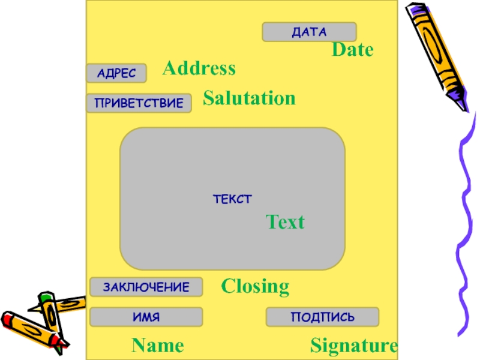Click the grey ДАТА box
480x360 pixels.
tap(309, 32)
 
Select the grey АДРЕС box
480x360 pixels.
tap(116, 73)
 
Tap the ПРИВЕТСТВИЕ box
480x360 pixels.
tap(139, 103)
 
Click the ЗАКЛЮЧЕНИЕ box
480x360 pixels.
tap(146, 287)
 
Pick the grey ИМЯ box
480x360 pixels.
tap(146, 317)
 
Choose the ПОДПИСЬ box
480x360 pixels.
tap(322, 317)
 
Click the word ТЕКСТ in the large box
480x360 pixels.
tap(232, 199)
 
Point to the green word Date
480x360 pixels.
tap(353, 50)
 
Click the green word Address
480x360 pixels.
tap(199, 68)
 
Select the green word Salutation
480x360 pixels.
tap(249, 98)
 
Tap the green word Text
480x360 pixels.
tap(285, 223)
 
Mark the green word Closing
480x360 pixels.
tap(255, 286)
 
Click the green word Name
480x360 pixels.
tap(158, 346)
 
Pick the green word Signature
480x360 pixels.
tap(353, 346)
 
